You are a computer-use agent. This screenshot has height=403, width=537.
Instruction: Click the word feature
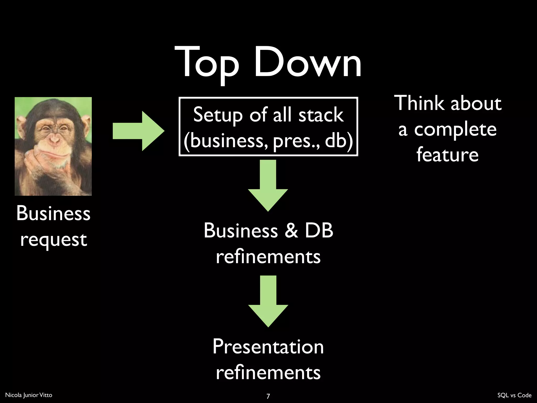[447, 155]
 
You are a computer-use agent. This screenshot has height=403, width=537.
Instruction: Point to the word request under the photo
[53, 240]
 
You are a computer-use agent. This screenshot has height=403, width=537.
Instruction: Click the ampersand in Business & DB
[291, 230]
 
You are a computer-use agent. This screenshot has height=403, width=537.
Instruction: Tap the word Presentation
[268, 347]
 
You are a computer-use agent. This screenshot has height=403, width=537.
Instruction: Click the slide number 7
[268, 396]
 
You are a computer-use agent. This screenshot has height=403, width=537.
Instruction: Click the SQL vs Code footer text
[514, 395]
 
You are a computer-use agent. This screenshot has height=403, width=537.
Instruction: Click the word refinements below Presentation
[268, 372]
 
